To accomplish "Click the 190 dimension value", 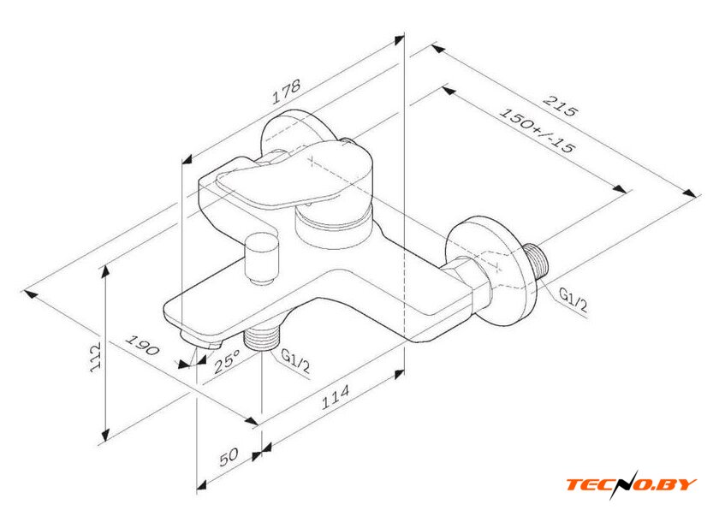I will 144,352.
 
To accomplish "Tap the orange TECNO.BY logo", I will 632,483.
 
